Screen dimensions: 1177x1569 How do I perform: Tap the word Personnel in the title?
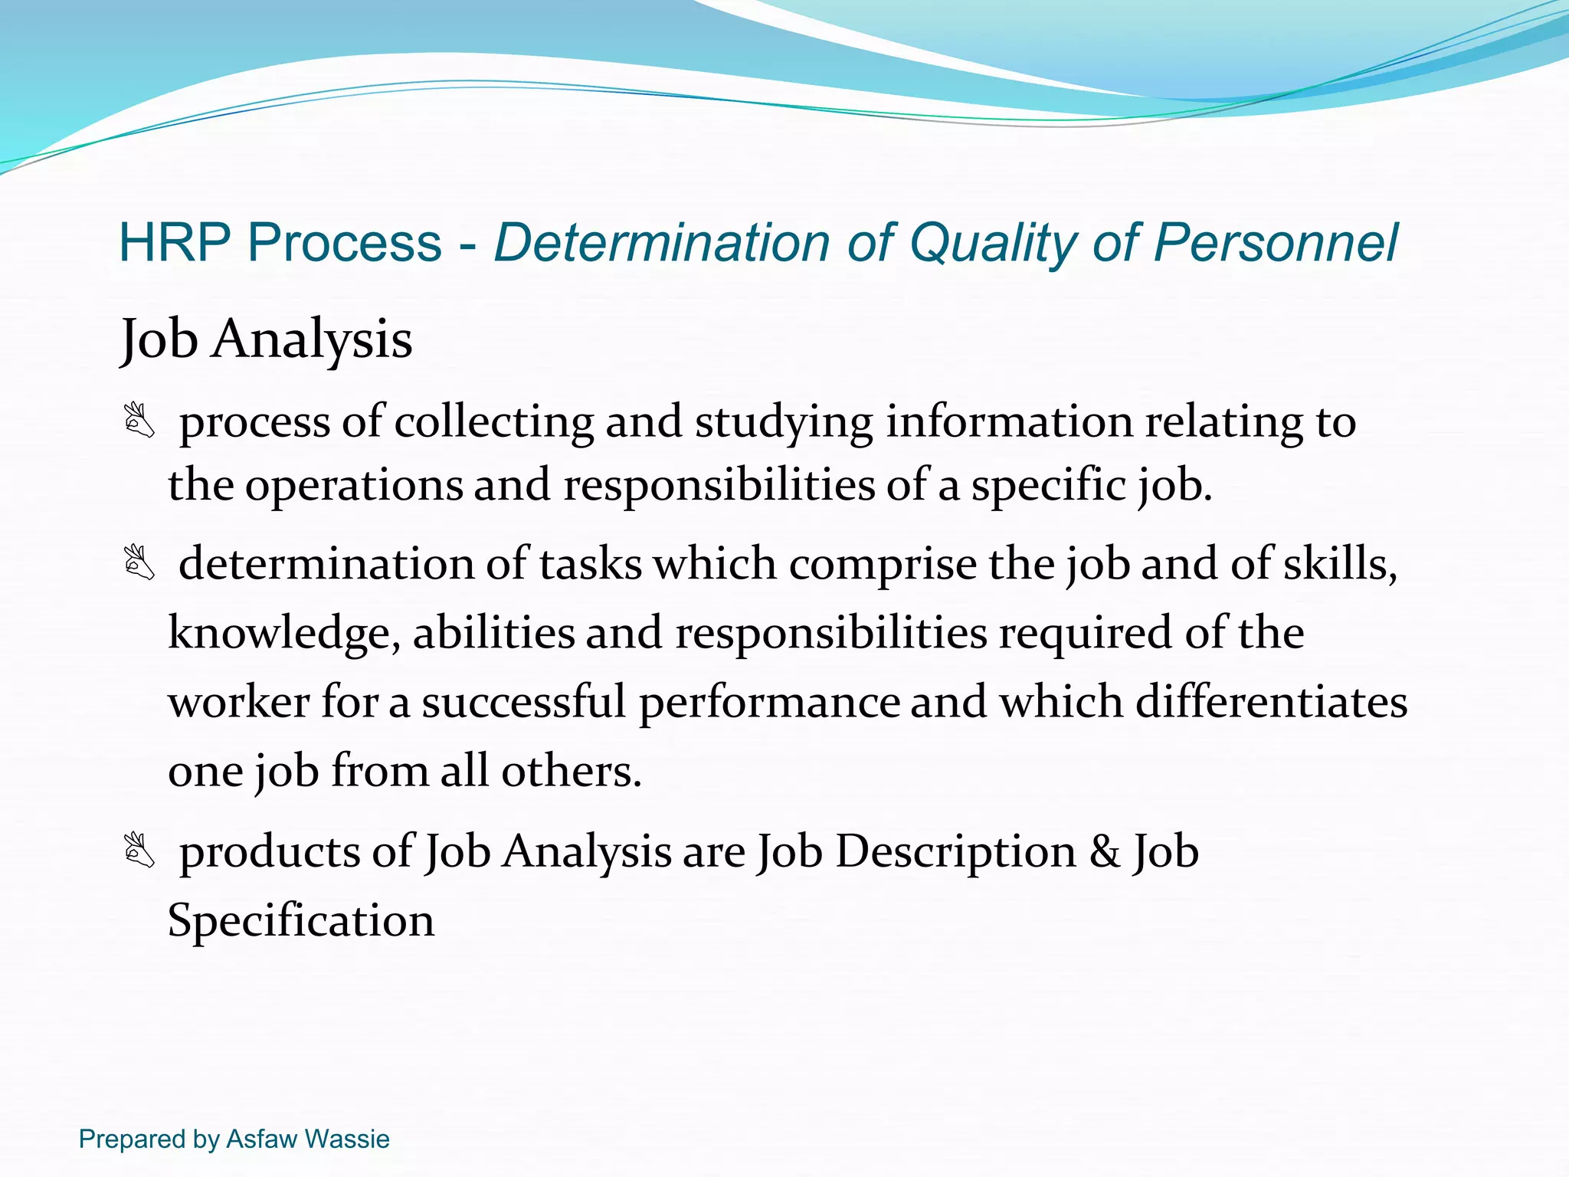(x=1276, y=243)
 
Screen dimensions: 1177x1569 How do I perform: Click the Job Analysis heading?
(x=267, y=339)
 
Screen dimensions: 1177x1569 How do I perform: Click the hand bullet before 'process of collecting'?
(x=139, y=421)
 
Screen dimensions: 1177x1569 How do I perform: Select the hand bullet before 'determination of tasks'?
(x=139, y=563)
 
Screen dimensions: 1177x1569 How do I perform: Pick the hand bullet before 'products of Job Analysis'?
(x=139, y=851)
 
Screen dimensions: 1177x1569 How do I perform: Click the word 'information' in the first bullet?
(x=1009, y=421)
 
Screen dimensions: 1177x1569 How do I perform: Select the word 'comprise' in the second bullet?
(x=883, y=565)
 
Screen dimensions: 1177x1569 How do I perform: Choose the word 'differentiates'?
(x=1271, y=701)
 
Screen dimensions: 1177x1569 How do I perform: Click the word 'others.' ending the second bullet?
(x=571, y=770)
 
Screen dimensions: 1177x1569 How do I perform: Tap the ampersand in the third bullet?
(x=1105, y=851)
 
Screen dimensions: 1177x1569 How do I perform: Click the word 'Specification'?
(x=301, y=920)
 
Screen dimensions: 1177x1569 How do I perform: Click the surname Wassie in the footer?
(x=347, y=1139)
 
